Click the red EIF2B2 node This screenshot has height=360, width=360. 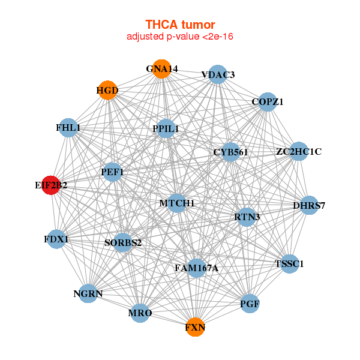click(51, 185)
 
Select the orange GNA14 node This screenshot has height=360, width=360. click(161, 69)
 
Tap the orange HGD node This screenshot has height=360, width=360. click(107, 90)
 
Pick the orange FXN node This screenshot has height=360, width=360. click(195, 327)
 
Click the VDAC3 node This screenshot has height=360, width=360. click(218, 74)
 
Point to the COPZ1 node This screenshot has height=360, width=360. click(268, 102)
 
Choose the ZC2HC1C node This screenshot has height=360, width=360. click(299, 152)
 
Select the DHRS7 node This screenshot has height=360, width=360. click(309, 205)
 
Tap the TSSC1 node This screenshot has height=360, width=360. click(290, 264)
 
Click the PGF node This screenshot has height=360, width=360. click(250, 304)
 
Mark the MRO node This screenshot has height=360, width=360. click(140, 313)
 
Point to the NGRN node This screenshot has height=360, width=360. click(88, 293)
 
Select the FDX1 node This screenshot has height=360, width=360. click(56, 239)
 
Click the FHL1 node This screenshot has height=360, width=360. click(68, 128)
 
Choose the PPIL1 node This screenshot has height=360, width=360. click(166, 128)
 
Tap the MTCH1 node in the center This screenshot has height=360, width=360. click(177, 203)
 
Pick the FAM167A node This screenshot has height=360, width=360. click(196, 268)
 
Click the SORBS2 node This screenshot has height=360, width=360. click(123, 242)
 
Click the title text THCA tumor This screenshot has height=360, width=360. click(180, 25)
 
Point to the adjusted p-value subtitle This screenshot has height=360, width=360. click(180, 37)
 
